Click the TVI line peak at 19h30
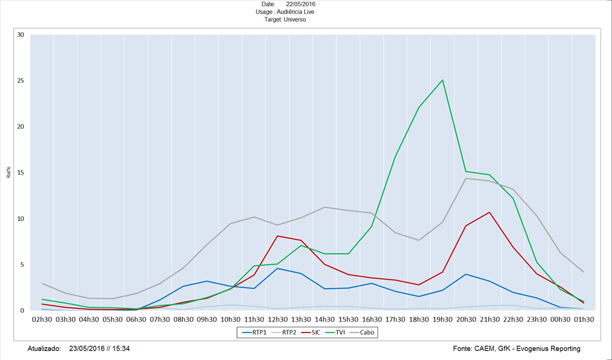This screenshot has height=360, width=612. [442, 80]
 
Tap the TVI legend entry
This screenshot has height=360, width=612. [340, 332]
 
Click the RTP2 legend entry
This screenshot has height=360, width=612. [289, 332]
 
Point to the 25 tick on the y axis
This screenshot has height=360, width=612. [21, 81]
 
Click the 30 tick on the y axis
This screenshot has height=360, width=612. [21, 35]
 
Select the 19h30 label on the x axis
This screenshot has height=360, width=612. [442, 319]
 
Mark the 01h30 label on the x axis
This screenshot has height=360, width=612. [584, 319]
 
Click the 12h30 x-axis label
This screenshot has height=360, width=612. [278, 319]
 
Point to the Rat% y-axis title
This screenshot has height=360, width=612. [9, 173]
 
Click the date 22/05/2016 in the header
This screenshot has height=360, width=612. [301, 4]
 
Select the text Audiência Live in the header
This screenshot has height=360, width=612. [295, 11]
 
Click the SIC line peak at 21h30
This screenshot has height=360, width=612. [489, 212]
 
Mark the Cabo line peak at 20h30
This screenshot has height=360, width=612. [466, 178]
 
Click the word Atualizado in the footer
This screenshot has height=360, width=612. [44, 349]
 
